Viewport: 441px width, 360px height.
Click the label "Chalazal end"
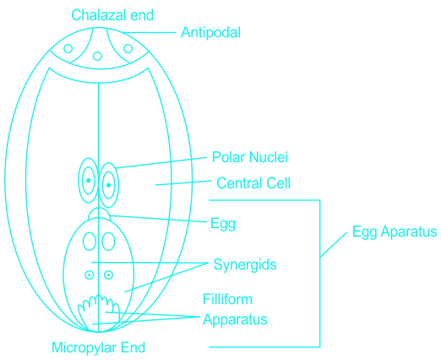112,15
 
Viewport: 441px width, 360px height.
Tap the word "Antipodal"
210,32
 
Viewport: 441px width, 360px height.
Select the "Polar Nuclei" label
250,157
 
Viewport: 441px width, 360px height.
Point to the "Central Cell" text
253,183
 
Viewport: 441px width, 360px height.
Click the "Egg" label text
223,224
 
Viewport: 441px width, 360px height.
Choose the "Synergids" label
245,265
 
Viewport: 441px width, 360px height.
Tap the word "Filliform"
227,299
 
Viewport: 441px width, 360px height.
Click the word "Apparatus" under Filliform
235,319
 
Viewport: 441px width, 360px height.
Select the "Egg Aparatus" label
395,232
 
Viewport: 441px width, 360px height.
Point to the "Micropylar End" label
98,347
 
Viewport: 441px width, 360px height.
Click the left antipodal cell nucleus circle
68,48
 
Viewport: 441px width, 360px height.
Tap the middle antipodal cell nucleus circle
97,56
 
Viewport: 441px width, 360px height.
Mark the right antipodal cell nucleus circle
128,48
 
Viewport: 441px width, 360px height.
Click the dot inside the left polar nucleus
89,180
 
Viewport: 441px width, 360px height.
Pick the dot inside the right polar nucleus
109,185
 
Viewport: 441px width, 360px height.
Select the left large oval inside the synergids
90,242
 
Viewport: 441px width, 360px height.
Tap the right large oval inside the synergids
108,242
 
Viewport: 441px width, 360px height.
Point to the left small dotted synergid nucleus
90,275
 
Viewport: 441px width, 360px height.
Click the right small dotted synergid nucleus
108,275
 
